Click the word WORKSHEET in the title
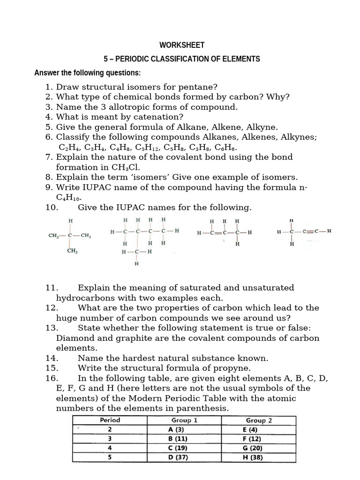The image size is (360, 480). (x=182, y=45)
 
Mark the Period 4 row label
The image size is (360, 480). (x=109, y=447)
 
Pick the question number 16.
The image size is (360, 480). (x=52, y=378)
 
